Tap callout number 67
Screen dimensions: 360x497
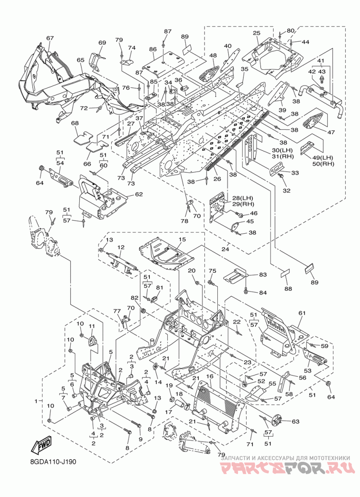[50, 38]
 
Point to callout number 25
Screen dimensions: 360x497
[256, 33]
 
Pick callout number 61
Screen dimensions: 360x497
[301, 313]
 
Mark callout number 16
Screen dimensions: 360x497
[209, 376]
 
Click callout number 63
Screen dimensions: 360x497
[295, 421]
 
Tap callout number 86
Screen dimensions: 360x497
[153, 50]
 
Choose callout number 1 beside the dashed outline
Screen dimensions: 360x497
[36, 401]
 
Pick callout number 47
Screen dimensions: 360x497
[331, 132]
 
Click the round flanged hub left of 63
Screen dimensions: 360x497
[277, 420]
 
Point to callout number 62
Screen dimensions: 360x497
[139, 194]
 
